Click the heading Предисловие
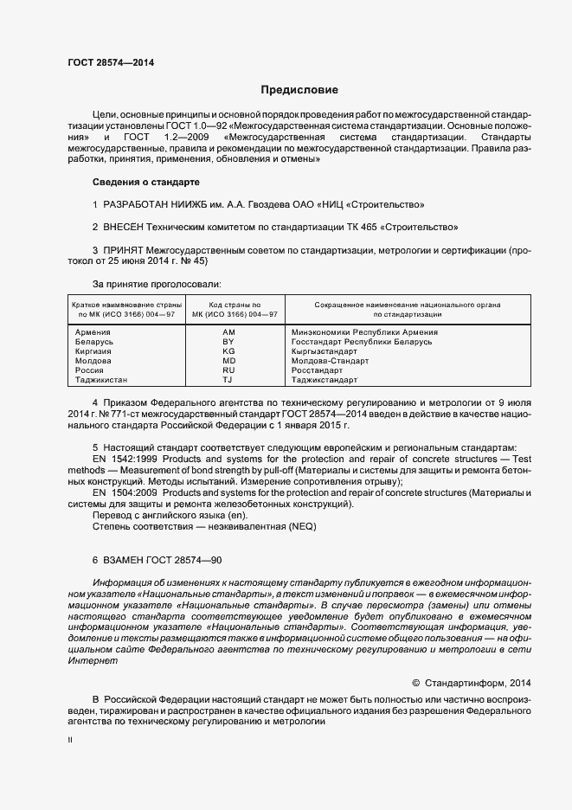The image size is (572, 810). point(300,90)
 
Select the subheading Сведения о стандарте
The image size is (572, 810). point(145,183)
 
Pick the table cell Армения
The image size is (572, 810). point(93,332)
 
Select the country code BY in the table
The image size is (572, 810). point(228,342)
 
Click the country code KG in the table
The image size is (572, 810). point(228,351)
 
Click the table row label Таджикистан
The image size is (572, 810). point(101,380)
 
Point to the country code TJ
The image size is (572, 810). point(228,380)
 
